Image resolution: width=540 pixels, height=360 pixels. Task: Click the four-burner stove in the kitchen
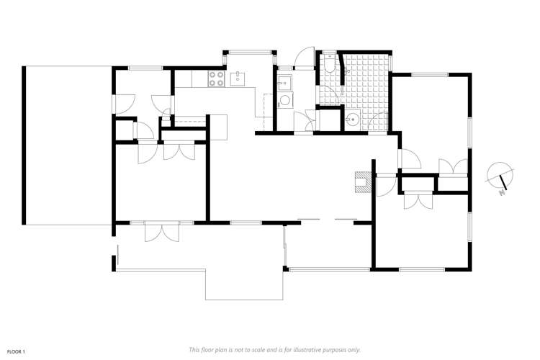pos(215,80)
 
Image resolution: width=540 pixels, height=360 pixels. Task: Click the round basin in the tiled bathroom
pos(353,120)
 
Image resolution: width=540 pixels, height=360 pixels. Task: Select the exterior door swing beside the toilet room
pos(307,59)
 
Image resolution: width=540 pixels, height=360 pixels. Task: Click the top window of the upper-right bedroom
pos(430,73)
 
